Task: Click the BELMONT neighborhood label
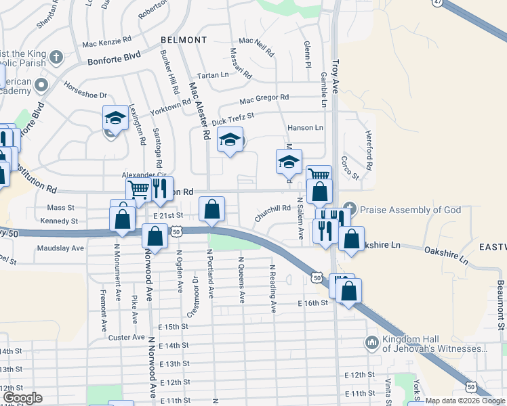click(184, 40)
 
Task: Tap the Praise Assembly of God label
click(409, 210)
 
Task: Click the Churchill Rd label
click(272, 213)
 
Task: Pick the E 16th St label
click(312, 304)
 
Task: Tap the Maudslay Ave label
click(60, 248)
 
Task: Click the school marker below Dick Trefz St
click(230, 139)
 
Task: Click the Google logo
click(22, 398)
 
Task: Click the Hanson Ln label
click(305, 127)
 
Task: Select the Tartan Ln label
click(212, 74)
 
